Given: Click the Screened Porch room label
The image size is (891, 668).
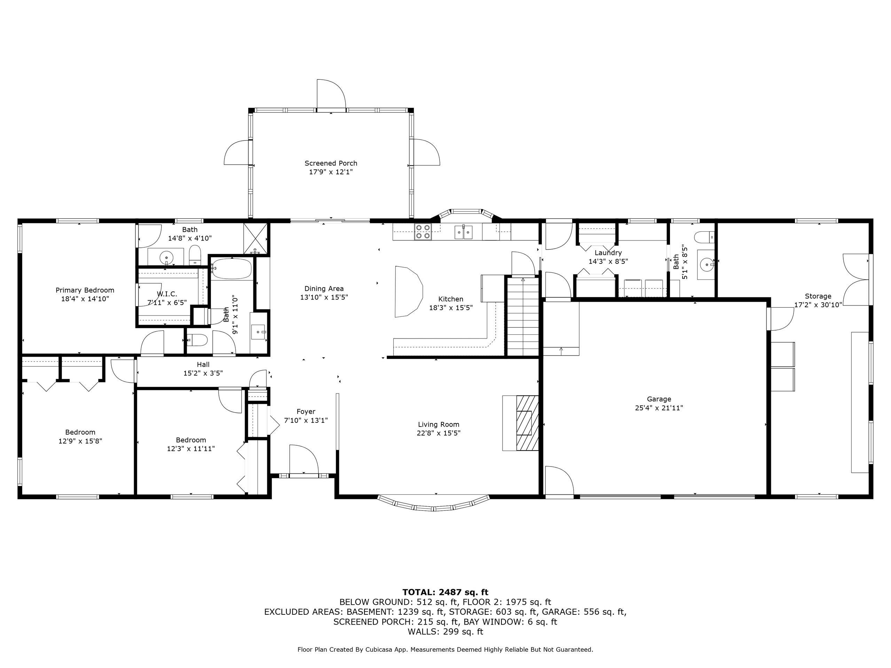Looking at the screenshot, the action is coord(331,163).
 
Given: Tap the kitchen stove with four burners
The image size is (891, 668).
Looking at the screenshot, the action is coord(423,232).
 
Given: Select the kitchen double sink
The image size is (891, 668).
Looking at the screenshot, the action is coord(464,232).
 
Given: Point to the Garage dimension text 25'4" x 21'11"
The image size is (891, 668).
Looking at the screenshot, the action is coord(659,408).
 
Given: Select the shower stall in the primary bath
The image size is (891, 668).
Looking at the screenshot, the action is coord(255,239).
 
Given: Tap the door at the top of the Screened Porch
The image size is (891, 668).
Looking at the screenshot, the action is coord(331,94).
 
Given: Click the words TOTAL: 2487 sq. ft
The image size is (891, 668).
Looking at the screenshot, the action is coord(445,592).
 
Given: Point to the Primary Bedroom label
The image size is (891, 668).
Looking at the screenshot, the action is coord(85,290).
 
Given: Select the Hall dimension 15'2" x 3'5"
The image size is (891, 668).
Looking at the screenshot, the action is coord(203,373).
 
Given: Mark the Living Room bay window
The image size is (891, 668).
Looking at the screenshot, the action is coord(434,503).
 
